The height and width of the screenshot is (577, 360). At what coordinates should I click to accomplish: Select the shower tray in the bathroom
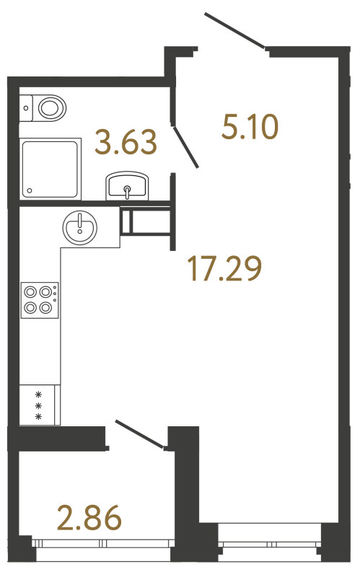pyautogui.click(x=50, y=169)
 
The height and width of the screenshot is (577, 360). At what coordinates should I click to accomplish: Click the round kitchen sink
pyautogui.click(x=79, y=228)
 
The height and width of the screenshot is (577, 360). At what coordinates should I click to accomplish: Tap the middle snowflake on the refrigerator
pyautogui.click(x=40, y=405)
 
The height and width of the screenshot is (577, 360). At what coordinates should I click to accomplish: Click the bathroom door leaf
pyautogui.click(x=186, y=146)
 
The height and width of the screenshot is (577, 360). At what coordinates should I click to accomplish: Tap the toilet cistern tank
pyautogui.click(x=26, y=108)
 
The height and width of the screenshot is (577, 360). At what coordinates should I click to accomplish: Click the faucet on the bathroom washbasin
pyautogui.click(x=127, y=192)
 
